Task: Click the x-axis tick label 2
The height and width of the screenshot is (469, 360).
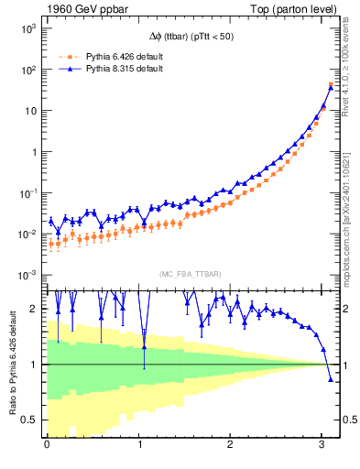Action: (231, 445)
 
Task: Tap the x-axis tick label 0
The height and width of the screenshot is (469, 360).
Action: (47, 445)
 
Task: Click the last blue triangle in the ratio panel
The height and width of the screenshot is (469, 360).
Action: (331, 378)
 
